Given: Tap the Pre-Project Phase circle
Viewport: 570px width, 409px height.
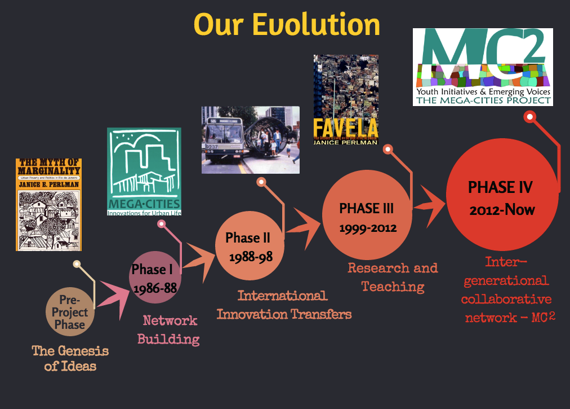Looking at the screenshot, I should click(x=70, y=312).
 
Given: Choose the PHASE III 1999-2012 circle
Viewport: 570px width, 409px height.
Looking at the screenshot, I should click(x=367, y=217).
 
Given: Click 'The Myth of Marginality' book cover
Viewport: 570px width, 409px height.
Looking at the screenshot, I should click(x=48, y=204).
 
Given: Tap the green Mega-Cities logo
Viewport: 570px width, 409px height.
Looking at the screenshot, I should click(x=144, y=171).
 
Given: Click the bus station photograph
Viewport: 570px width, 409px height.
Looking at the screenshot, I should click(x=250, y=139).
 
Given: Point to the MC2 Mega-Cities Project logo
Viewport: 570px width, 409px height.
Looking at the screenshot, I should click(x=483, y=67).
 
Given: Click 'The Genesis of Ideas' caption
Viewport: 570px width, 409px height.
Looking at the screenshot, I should click(x=70, y=358).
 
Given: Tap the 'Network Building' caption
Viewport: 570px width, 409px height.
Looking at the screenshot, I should click(x=170, y=330).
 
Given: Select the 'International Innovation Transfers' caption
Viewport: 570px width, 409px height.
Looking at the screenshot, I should click(x=284, y=305).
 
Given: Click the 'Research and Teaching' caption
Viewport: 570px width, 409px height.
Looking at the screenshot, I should click(x=393, y=277).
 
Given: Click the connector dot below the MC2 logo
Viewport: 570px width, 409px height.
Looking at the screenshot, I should click(x=529, y=117).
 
